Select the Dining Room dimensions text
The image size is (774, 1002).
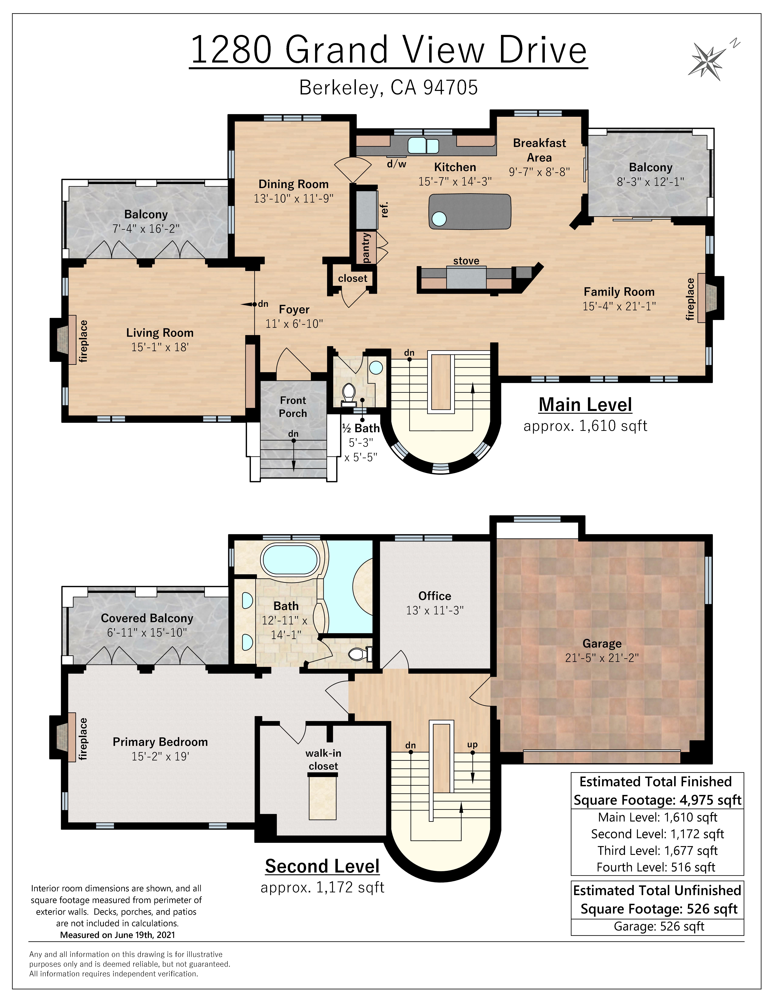click(294, 198)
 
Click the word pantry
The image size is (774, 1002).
click(366, 248)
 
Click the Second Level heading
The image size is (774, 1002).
click(322, 866)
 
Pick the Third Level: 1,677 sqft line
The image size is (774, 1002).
click(657, 851)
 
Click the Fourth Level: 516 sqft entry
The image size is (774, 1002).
click(656, 867)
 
